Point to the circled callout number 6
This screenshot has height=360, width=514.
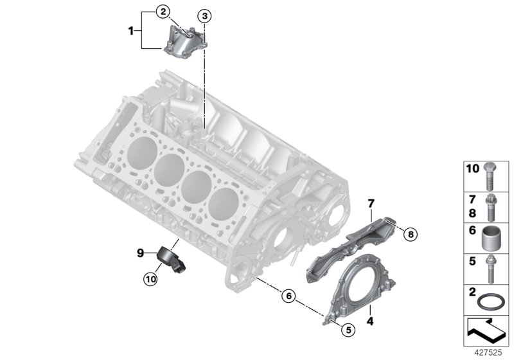(x=289, y=296)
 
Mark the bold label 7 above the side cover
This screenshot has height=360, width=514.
(x=370, y=204)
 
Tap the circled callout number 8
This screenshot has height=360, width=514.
(x=411, y=235)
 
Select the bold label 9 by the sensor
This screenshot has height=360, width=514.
(x=139, y=254)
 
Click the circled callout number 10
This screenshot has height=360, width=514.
(x=149, y=278)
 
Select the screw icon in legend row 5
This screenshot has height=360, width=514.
(x=492, y=269)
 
